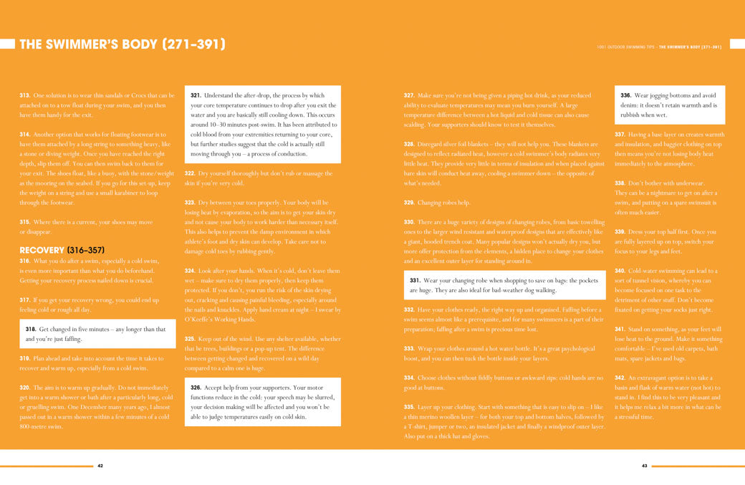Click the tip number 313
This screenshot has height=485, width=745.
point(24,95)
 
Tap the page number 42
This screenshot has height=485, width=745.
point(100,466)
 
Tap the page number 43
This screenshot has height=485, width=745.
point(644,466)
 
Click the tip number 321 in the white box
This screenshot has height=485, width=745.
point(196,95)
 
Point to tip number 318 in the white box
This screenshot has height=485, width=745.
point(31,329)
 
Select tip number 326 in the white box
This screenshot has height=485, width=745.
point(196,387)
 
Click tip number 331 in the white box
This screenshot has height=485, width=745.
point(415,281)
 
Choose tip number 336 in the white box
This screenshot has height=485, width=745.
point(625,95)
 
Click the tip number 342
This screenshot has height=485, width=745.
point(620,378)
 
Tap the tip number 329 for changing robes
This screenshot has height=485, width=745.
point(409,203)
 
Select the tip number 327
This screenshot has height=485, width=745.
point(409,95)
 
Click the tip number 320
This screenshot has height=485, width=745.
point(24,387)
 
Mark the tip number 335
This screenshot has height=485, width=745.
point(409,406)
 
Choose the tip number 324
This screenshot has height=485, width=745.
point(190,271)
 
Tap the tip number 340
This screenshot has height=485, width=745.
point(620,271)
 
